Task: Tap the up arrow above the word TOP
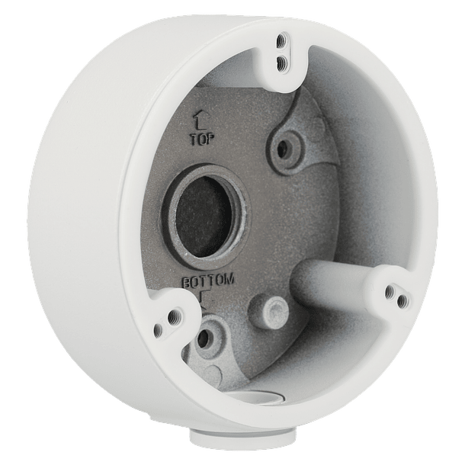tap(200, 122)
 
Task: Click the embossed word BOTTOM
tap(208, 281)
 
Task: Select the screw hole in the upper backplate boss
tap(282, 149)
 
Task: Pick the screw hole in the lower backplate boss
tap(204, 337)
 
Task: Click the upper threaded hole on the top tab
tap(280, 40)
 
